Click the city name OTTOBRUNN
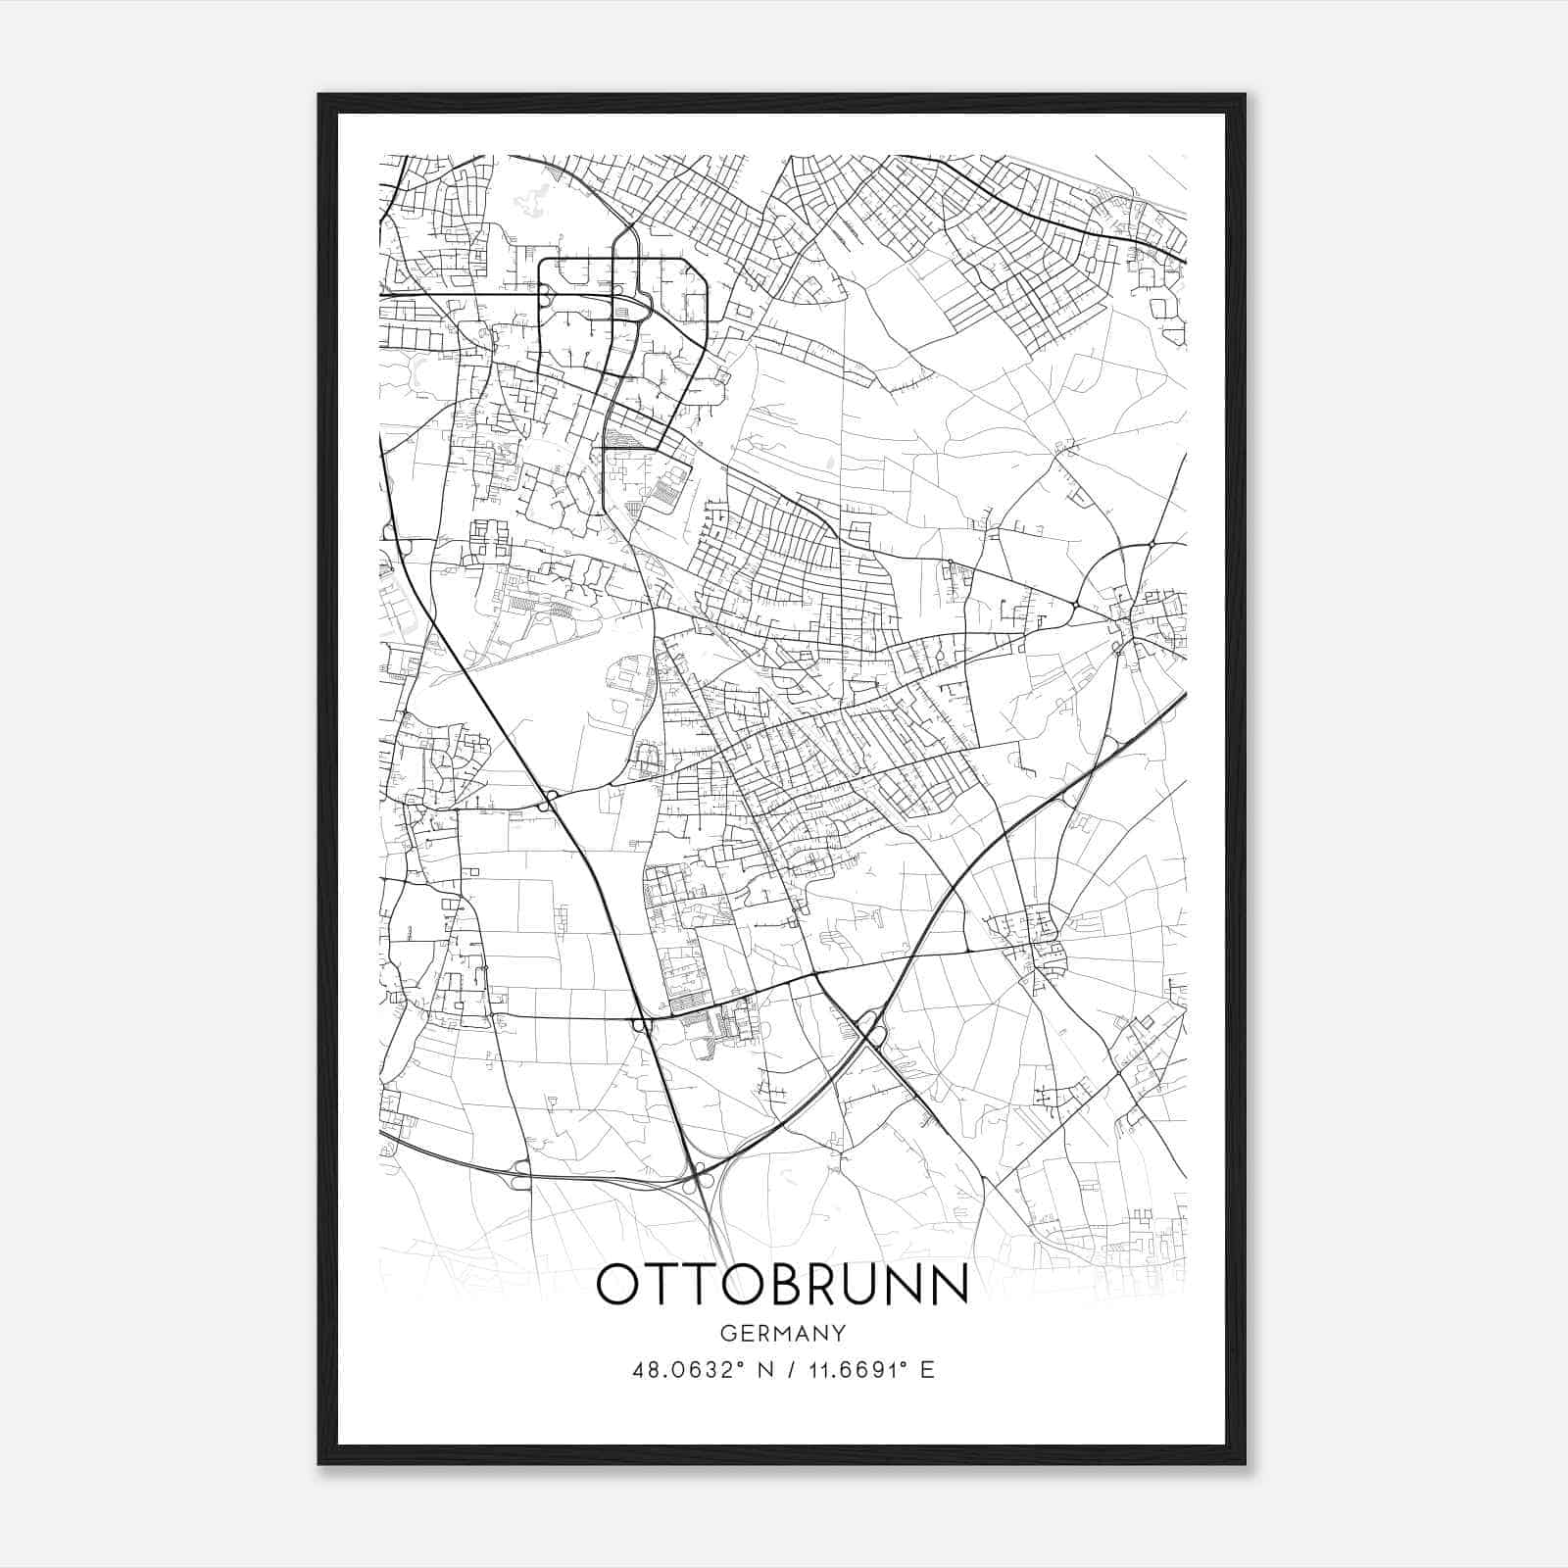[x=781, y=1285]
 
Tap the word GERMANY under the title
[x=782, y=1334]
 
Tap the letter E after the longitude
[x=927, y=1370]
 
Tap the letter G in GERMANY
[x=726, y=1334]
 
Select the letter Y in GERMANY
[x=839, y=1334]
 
